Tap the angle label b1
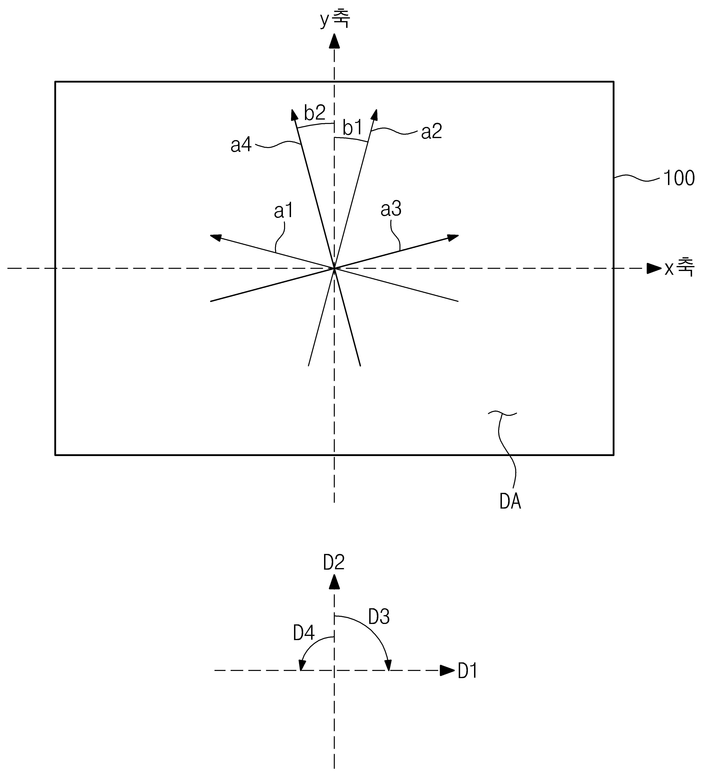pyautogui.click(x=352, y=128)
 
